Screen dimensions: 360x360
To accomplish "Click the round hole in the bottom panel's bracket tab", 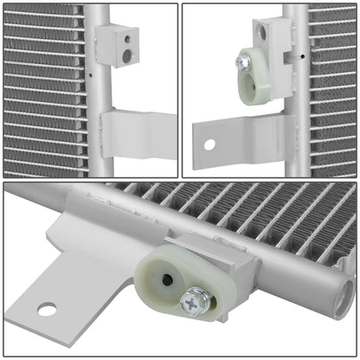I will pos(47,308).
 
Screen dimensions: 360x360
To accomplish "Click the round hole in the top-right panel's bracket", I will pos(209,144).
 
